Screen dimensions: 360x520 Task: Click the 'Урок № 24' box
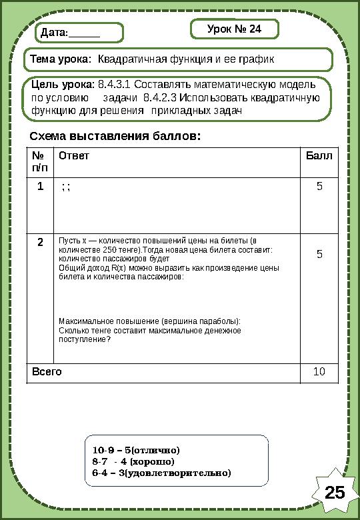tap(234, 29)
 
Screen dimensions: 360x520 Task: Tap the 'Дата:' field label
tap(54, 33)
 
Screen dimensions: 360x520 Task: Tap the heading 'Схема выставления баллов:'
tap(115, 136)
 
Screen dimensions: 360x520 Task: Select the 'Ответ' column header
tap(73, 156)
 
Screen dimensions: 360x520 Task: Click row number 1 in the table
tap(41, 187)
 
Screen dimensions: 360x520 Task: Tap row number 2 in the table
tap(41, 241)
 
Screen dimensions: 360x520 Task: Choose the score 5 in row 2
tap(319, 254)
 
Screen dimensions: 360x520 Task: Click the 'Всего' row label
tap(47, 371)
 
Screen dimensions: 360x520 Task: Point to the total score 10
tap(319, 371)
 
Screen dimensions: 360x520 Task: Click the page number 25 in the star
tap(335, 492)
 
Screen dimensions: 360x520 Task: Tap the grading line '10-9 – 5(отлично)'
tap(137, 450)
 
